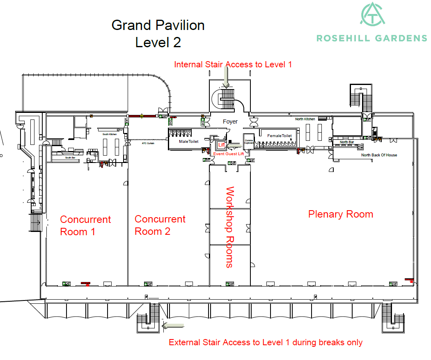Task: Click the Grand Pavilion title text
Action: tap(158, 25)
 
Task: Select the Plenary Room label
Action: tap(340, 214)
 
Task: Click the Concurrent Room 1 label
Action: tap(85, 225)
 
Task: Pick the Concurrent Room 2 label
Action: tap(160, 225)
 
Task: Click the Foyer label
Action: tap(230, 122)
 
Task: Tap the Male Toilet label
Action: tap(188, 142)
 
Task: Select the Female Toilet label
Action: tap(280, 136)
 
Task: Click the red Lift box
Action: tap(221, 144)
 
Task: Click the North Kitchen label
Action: tap(305, 119)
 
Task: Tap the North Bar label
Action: tap(346, 142)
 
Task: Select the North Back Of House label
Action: tap(379, 155)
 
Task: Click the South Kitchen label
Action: tap(110, 134)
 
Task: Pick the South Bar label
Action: tap(70, 157)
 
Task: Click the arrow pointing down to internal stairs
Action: tap(225, 77)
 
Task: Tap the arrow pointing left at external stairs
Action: tap(173, 326)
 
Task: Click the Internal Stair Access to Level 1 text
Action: tap(233, 64)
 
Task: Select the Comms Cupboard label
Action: tap(249, 142)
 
